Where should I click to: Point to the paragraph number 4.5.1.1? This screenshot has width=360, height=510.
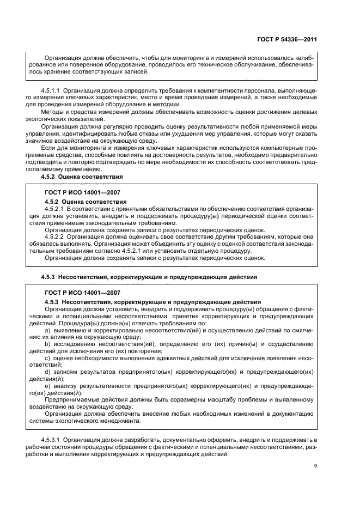(x=52, y=89)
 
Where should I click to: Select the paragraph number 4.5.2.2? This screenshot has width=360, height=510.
(x=56, y=237)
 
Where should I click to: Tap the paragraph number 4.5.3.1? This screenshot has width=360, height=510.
(x=52, y=439)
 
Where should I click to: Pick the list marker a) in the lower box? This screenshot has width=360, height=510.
(x=48, y=330)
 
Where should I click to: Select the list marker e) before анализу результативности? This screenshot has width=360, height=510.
(x=48, y=386)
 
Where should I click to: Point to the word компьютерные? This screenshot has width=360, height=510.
(x=273, y=147)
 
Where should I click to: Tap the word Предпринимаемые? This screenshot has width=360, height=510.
(x=72, y=399)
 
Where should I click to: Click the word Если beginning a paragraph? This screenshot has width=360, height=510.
(x=51, y=147)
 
